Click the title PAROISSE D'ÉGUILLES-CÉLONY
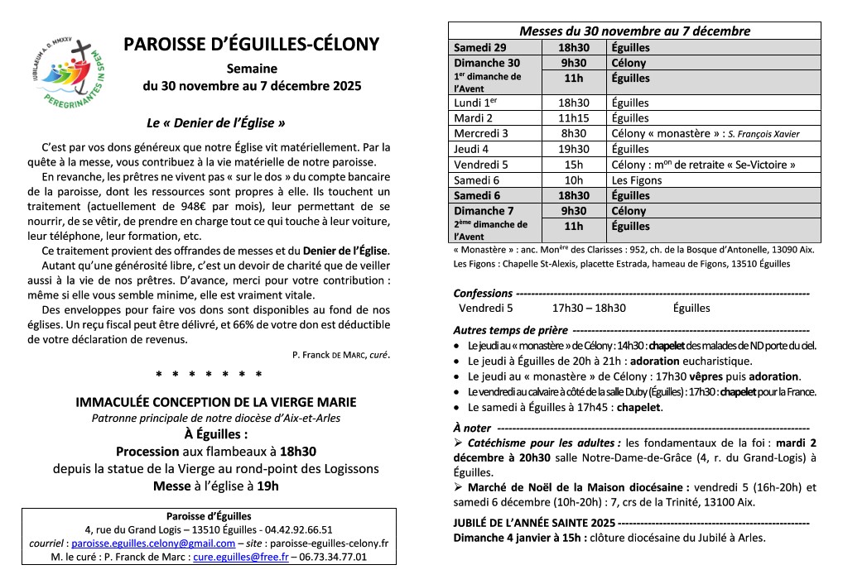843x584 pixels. coord(252,45)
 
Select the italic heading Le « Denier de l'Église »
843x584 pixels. coord(216,122)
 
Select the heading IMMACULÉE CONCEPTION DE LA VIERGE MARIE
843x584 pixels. coord(216,403)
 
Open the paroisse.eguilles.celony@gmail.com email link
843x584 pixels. coord(153,543)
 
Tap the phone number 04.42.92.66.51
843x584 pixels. coord(299,529)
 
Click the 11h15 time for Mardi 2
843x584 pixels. coord(573,118)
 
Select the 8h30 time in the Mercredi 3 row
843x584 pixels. coord(573,133)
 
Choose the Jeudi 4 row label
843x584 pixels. coord(471,149)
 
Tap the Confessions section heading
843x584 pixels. coord(484,293)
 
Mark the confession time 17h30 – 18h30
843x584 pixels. coord(589,308)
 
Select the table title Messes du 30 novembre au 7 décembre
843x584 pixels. coord(634,31)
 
